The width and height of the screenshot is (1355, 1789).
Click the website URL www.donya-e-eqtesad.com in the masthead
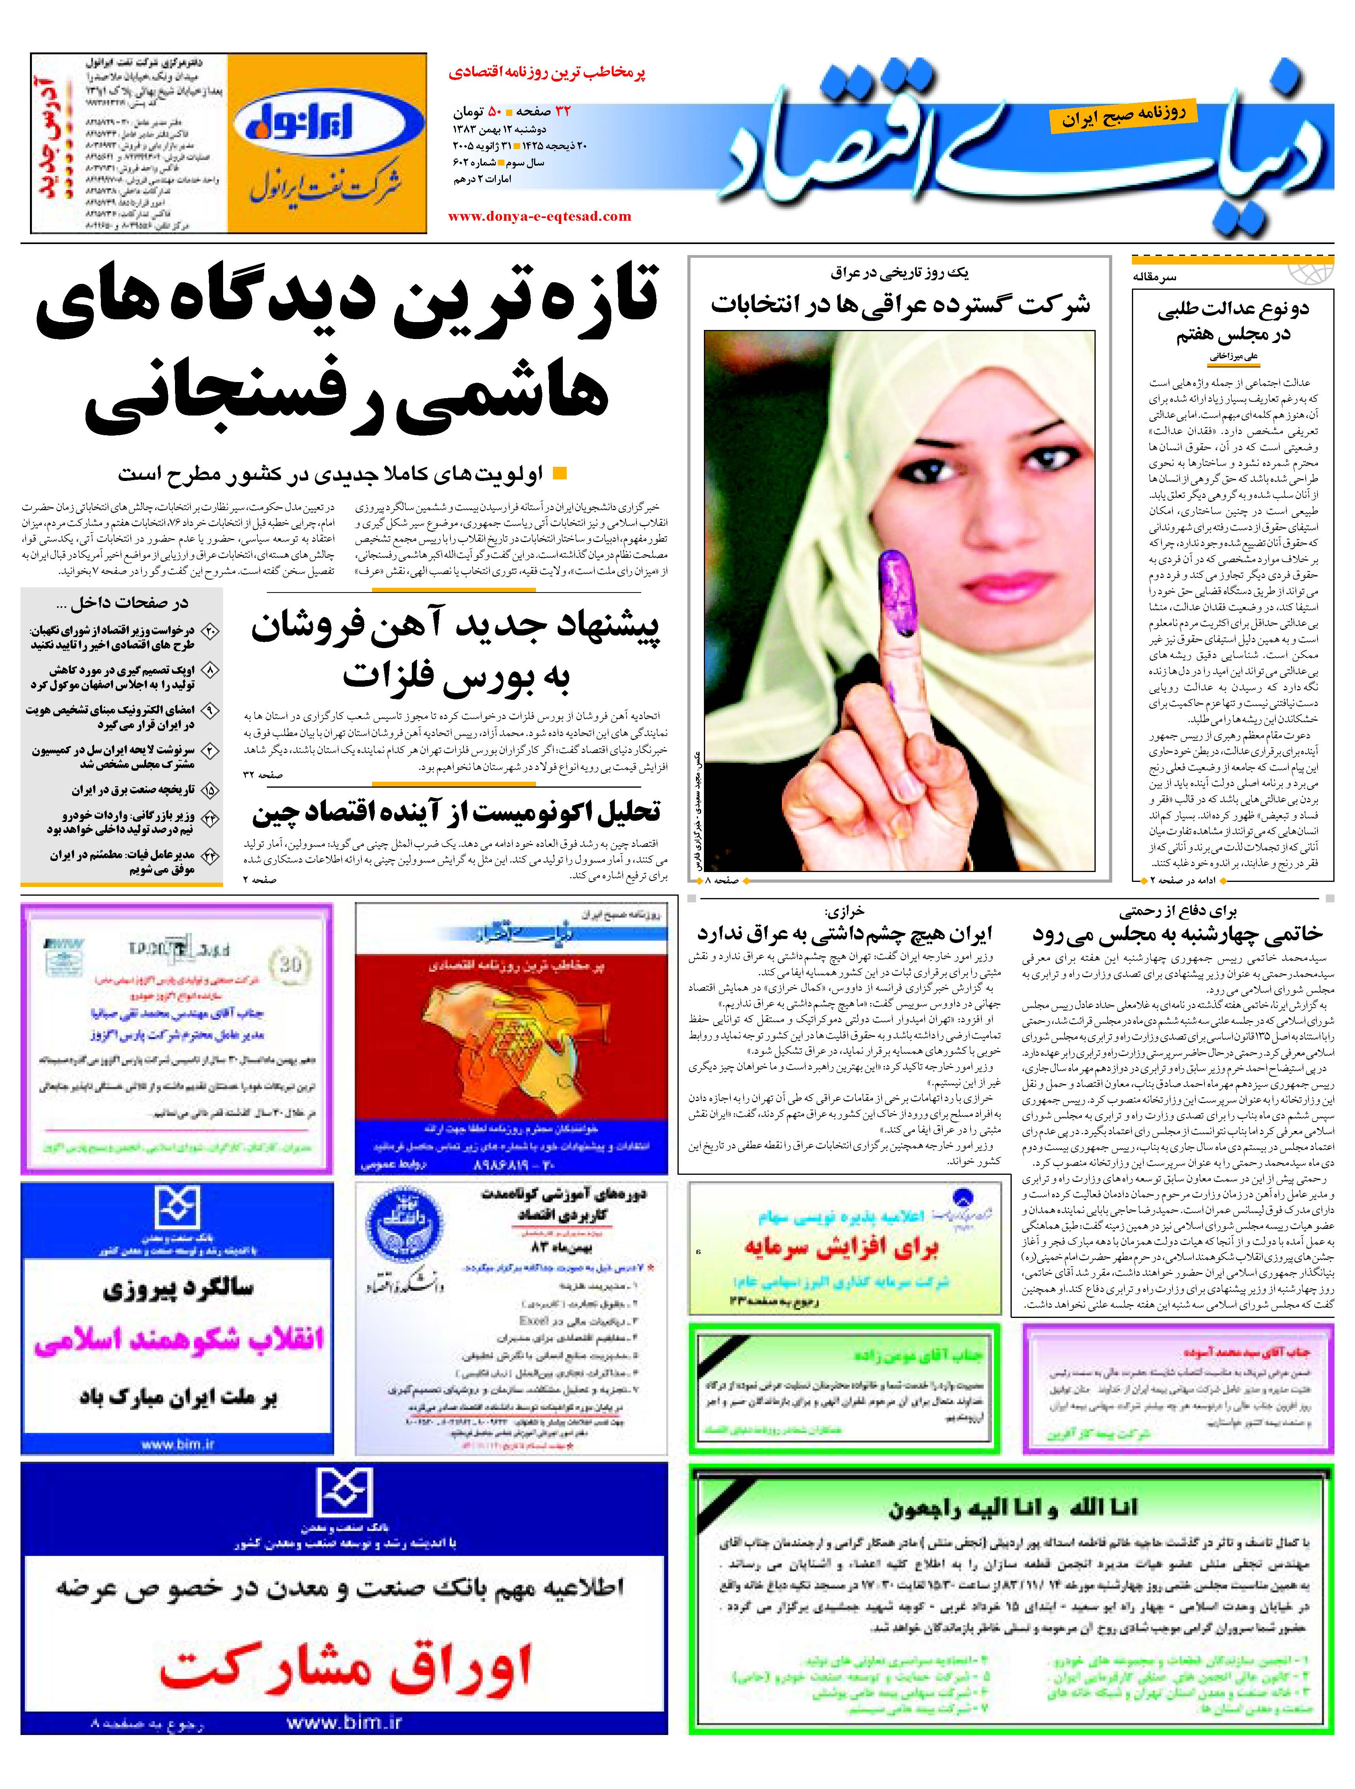539,216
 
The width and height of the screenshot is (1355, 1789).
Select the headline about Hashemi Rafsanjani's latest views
348,352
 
